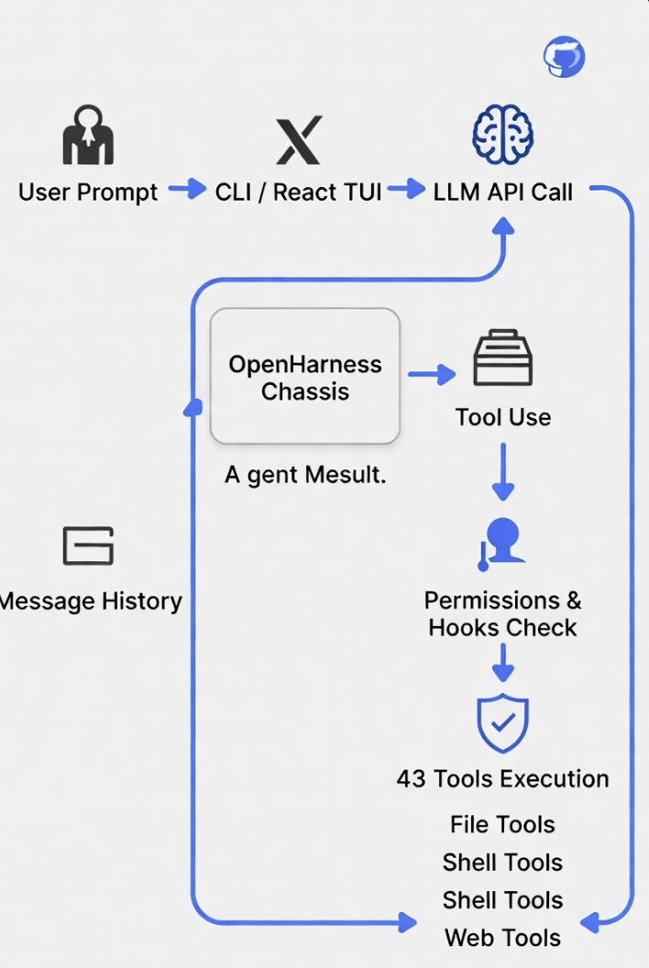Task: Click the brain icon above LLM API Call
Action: click(x=502, y=135)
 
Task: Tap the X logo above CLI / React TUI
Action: click(x=299, y=140)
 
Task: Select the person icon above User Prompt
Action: click(x=88, y=135)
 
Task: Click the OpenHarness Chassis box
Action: click(x=305, y=376)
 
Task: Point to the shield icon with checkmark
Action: click(x=502, y=723)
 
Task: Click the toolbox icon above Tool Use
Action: click(x=502, y=357)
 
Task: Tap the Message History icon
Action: click(x=88, y=545)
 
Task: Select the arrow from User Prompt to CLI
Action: click(x=187, y=189)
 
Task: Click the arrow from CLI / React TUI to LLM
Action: click(x=406, y=189)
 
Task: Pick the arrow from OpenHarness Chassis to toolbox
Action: click(x=432, y=374)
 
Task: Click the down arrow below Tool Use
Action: click(x=503, y=472)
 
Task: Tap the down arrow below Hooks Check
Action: click(x=503, y=663)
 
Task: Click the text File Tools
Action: click(x=502, y=825)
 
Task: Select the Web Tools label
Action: click(x=502, y=938)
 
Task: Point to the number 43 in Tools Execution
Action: click(x=412, y=779)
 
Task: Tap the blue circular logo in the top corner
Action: click(x=564, y=57)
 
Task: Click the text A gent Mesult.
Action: click(x=305, y=476)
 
